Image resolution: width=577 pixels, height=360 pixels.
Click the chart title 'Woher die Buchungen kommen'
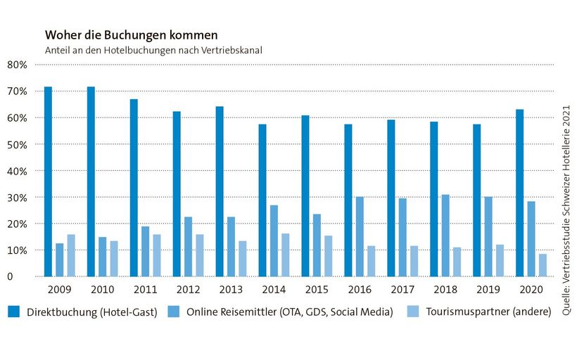(131, 34)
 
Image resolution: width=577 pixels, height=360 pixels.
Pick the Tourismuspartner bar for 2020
(543, 265)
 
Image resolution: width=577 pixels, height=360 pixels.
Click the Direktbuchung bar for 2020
(520, 193)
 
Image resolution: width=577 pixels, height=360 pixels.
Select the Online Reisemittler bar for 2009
(60, 259)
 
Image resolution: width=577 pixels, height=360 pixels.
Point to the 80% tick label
(16, 65)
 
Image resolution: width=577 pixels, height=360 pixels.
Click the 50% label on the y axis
(16, 144)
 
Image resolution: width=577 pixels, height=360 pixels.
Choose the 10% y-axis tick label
(16, 250)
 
